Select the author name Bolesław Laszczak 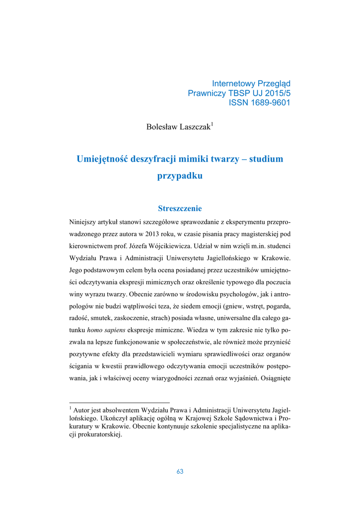[178, 127]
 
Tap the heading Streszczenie [180, 208]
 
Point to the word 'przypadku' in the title [180, 176]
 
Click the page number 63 [180, 471]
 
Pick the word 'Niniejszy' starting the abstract [83, 221]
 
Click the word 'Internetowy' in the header [233, 83]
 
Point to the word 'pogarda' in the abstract [277, 306]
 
